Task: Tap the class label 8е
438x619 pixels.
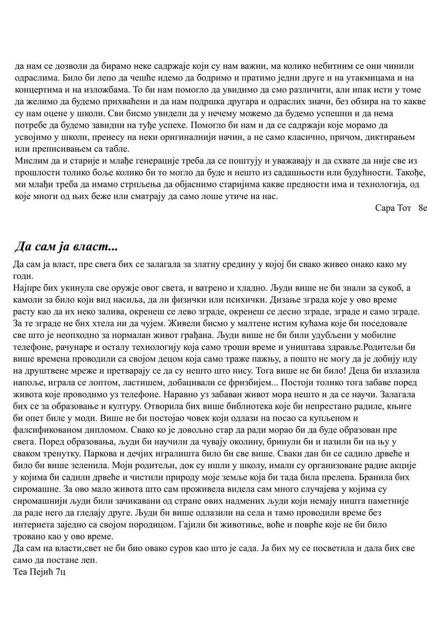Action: click(x=422, y=207)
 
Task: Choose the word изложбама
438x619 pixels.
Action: click(x=108, y=89)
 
